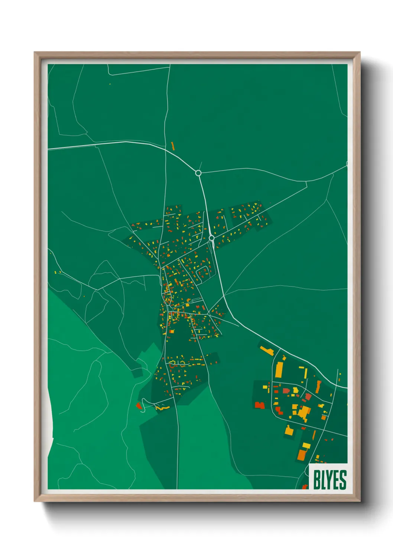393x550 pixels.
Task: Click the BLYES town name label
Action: (x=330, y=480)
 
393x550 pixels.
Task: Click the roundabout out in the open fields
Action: (x=198, y=173)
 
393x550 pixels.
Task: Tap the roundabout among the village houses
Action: (x=211, y=238)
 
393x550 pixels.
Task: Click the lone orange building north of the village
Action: (x=172, y=146)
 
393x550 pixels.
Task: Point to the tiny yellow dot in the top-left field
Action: (x=110, y=84)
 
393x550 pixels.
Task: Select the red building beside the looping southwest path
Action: (x=139, y=405)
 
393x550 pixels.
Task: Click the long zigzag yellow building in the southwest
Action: (x=162, y=408)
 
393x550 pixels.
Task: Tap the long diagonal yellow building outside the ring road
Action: (x=267, y=350)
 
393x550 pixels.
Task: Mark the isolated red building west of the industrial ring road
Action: (x=260, y=405)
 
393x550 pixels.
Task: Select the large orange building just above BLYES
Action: (x=302, y=455)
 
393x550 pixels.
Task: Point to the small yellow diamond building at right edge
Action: (x=340, y=373)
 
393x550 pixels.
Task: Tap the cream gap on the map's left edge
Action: (x=50, y=424)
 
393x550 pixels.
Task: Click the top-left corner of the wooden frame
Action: (x=35, y=53)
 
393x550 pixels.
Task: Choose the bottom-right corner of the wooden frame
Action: (x=360, y=501)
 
